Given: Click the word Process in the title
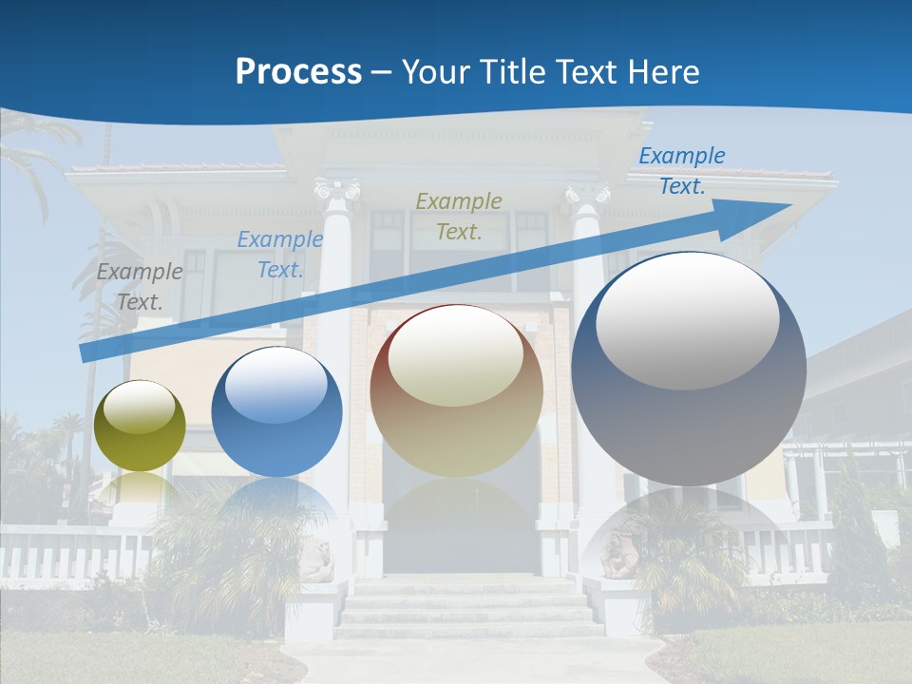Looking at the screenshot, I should point(298,72).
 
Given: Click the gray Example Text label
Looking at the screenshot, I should point(140,287).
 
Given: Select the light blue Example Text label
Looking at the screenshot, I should point(280,255).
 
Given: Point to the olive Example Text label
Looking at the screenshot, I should point(459,216).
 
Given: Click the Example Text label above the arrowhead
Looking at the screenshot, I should point(682,171).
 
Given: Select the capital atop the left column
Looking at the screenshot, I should point(336,191).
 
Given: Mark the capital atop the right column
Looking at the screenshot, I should point(587,195).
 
